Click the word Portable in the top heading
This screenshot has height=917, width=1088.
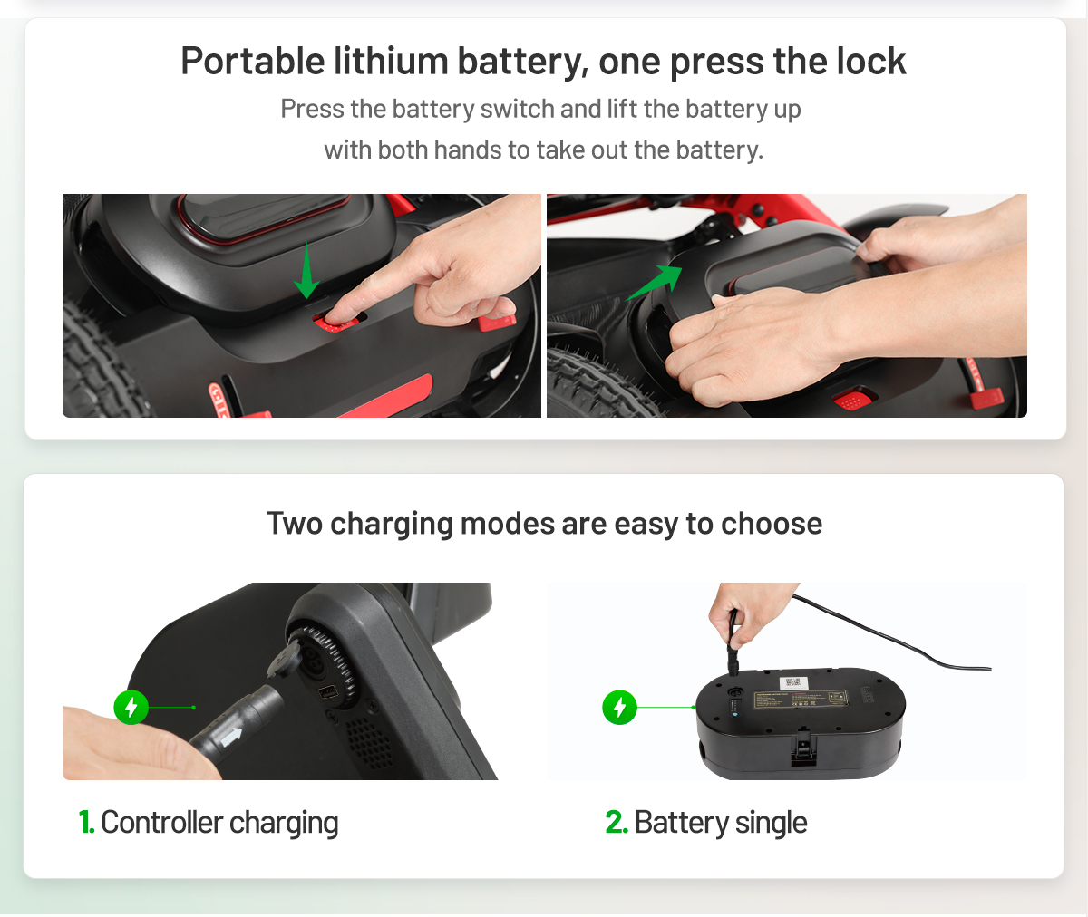pos(253,62)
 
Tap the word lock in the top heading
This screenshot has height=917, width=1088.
pos(871,62)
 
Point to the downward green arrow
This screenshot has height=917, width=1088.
pos(306,271)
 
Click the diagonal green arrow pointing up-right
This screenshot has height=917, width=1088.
pos(654,283)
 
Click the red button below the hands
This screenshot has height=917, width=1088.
pos(850,400)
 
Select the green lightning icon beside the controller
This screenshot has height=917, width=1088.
pos(131,707)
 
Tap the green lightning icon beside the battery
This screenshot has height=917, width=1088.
pos(619,707)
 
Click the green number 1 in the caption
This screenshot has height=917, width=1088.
pos(86,823)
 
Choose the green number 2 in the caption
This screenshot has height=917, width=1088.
pos(616,823)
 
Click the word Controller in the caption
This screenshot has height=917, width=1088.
pos(161,823)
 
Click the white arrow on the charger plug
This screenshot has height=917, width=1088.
pos(232,737)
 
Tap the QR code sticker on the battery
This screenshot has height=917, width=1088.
pos(792,682)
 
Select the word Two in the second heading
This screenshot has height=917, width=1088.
pos(295,524)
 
